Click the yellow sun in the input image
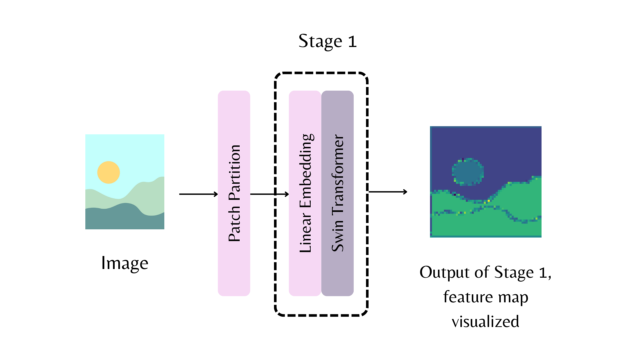(108, 172)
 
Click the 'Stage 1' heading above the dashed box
(327, 41)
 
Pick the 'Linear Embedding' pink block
(305, 273)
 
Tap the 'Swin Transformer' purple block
(337, 273)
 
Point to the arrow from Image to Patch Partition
(198, 194)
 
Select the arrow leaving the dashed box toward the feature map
(388, 192)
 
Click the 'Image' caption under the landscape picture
(125, 263)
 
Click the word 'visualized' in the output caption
(485, 322)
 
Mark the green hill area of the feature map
(520, 203)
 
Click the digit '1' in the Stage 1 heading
(352, 42)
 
